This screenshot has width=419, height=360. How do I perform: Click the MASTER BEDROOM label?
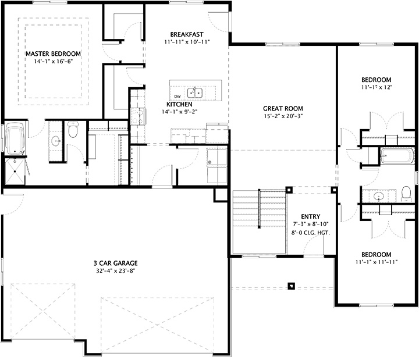click(x=52, y=54)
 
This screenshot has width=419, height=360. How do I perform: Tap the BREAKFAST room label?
click(x=186, y=33)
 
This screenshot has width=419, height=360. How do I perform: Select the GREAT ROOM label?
click(x=283, y=108)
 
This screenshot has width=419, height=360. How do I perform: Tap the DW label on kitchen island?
click(x=177, y=95)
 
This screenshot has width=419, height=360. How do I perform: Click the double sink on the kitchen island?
click(x=197, y=92)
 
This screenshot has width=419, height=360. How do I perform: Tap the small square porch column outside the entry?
click(x=292, y=285)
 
